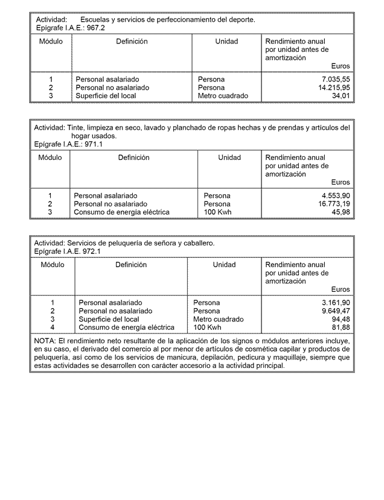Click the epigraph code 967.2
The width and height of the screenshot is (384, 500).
coord(97,28)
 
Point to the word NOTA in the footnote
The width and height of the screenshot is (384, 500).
coord(45,341)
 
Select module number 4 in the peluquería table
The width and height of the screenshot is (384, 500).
coord(53,328)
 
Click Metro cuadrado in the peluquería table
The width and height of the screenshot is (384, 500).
coord(219,320)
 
